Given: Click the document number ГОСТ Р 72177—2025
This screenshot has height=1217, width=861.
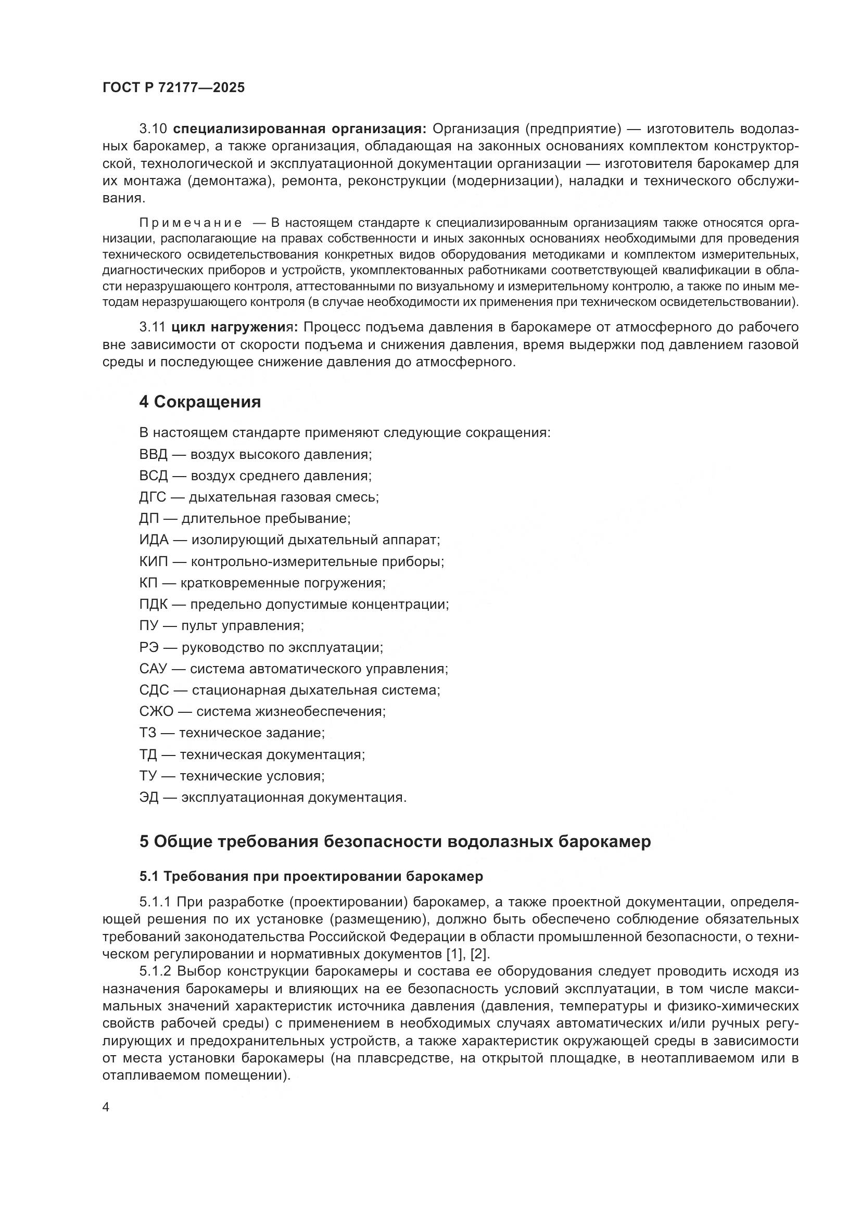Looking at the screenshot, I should coord(173,87).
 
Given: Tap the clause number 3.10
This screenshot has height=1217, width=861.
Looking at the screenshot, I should coord(153,129).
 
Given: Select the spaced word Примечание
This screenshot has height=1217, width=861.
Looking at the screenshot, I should coord(191,223).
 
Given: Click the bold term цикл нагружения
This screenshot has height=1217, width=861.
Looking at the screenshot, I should coord(235,328).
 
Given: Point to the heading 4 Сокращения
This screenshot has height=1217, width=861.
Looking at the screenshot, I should coord(200,402).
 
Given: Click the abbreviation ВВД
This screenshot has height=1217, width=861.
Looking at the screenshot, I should coord(153,454).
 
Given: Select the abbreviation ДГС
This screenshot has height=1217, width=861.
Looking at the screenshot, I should coord(153,497).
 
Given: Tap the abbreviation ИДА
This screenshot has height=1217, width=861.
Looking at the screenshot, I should coord(154,540).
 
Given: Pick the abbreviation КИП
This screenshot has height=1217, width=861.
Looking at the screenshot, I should coord(153,561).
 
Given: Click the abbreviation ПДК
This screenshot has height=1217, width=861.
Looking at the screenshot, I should coord(153,604).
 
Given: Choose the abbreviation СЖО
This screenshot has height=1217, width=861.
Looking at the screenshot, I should coord(156,711).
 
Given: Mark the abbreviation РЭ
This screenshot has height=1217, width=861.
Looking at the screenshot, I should coord(148,647).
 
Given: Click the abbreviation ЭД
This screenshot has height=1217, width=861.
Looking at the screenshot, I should coord(149,797).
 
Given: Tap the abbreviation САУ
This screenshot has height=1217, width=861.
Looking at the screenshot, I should coord(153,669).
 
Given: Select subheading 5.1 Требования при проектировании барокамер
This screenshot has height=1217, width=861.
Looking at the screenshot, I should coord(311,876).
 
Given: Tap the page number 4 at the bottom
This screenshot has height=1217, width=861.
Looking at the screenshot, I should coord(106,1107).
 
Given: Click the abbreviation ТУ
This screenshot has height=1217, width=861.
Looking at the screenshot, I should coord(148,776).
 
